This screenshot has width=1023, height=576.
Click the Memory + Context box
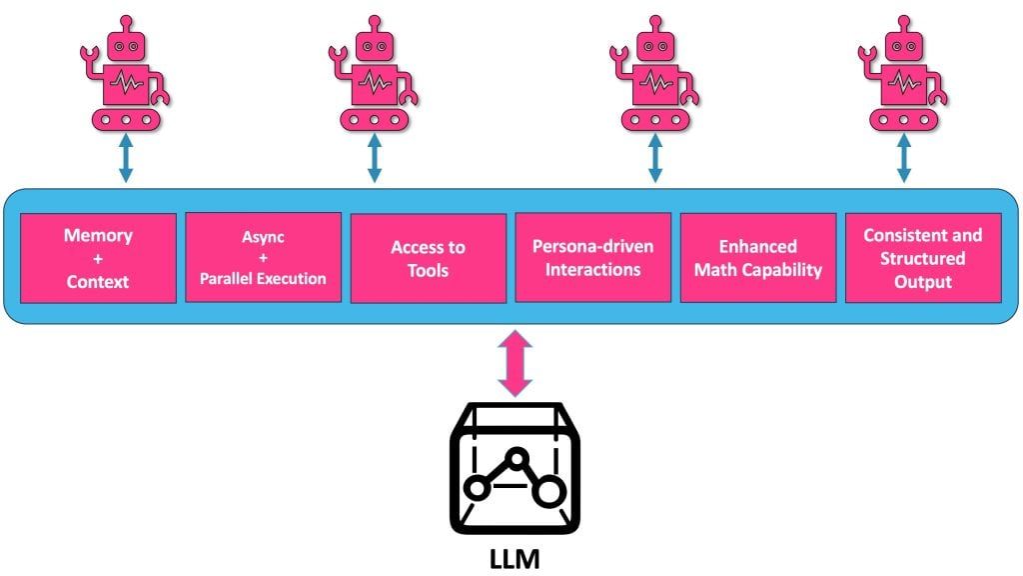pos(98,258)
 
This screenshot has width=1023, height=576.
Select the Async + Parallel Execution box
pos(263,258)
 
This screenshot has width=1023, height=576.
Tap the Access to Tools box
pos(428,258)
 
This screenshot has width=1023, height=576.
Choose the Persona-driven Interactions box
pos(592,257)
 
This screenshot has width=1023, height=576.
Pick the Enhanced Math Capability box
pos(757,257)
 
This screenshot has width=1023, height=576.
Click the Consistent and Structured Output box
pos(922,257)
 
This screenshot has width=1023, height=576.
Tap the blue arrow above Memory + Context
pos(125,160)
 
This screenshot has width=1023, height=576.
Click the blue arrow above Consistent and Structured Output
pos(904,160)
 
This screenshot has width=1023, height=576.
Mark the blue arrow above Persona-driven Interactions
pos(655,160)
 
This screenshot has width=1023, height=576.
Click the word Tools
pos(428,270)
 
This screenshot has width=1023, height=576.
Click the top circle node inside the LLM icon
pos(516,457)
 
